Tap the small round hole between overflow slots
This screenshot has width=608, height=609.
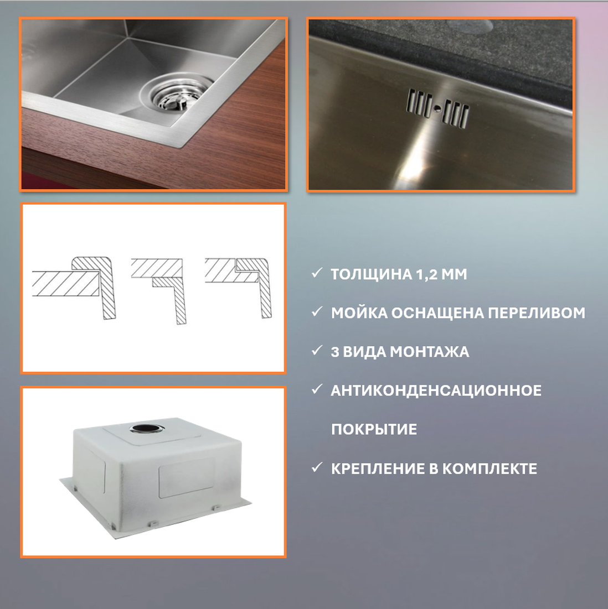(437, 110)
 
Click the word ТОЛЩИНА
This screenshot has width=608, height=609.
(372, 274)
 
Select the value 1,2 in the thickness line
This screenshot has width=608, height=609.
(426, 275)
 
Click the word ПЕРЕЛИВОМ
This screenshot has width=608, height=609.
(537, 313)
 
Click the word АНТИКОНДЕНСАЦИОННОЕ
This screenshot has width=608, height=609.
(436, 391)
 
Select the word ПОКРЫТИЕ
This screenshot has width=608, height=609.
(374, 430)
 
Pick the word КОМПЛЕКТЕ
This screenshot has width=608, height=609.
(490, 469)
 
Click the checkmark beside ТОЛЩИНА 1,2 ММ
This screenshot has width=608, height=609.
(317, 273)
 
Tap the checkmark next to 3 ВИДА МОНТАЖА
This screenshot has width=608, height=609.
(317, 350)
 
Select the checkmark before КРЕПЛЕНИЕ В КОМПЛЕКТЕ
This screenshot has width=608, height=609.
(317, 467)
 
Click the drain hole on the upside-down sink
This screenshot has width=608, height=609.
(147, 428)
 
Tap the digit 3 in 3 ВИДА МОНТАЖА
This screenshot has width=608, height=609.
(335, 352)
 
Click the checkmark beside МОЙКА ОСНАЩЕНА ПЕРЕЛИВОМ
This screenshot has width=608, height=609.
(317, 311)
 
